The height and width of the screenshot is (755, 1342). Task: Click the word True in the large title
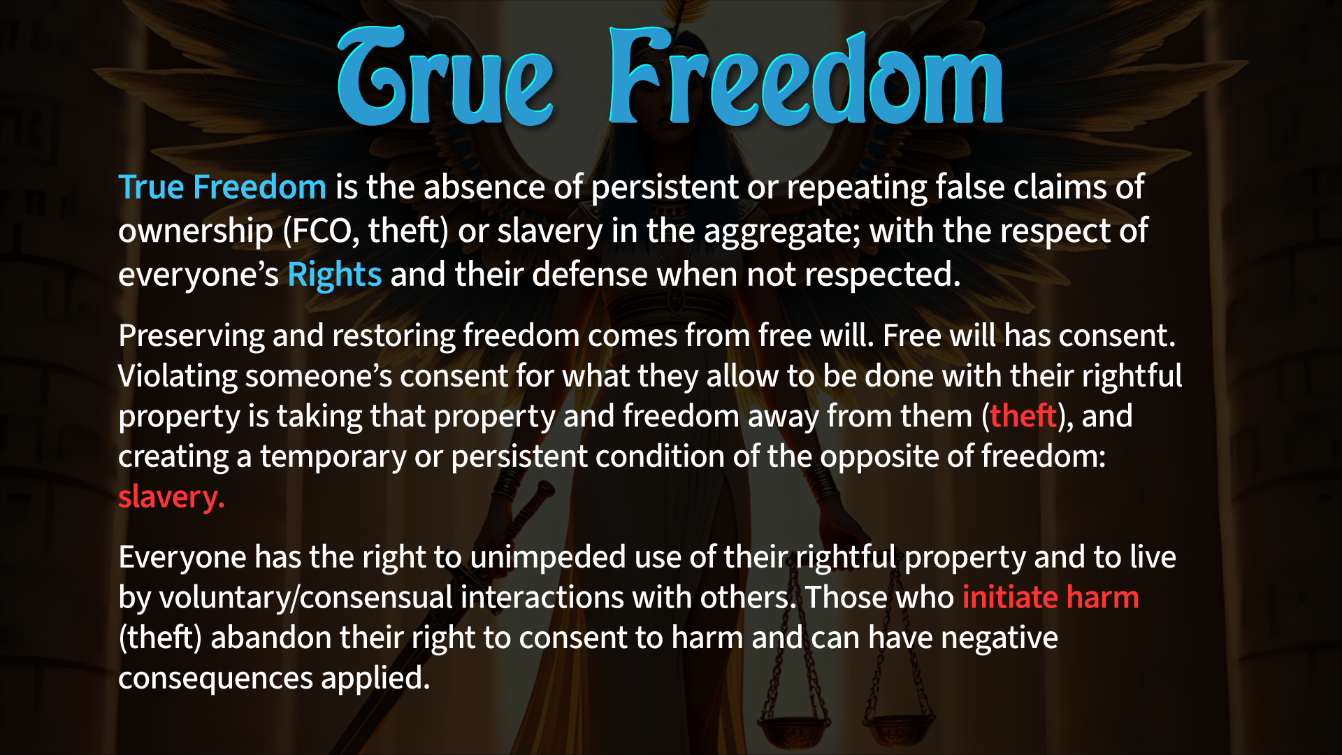point(445,76)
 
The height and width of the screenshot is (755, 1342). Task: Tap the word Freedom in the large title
point(806,76)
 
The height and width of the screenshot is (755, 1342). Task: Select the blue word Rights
point(335,275)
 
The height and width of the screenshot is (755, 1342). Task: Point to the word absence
point(484,187)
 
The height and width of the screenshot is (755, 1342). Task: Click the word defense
point(589,275)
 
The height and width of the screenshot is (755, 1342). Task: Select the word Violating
point(178,376)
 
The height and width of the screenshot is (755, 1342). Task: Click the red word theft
point(1023,416)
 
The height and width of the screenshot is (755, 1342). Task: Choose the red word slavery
point(171,498)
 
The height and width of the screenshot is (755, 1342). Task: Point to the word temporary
point(333,457)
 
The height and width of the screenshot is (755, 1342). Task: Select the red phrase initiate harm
point(1051,598)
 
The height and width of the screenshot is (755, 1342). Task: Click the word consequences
point(216,679)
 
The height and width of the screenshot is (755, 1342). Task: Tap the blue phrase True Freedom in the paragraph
point(222,187)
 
